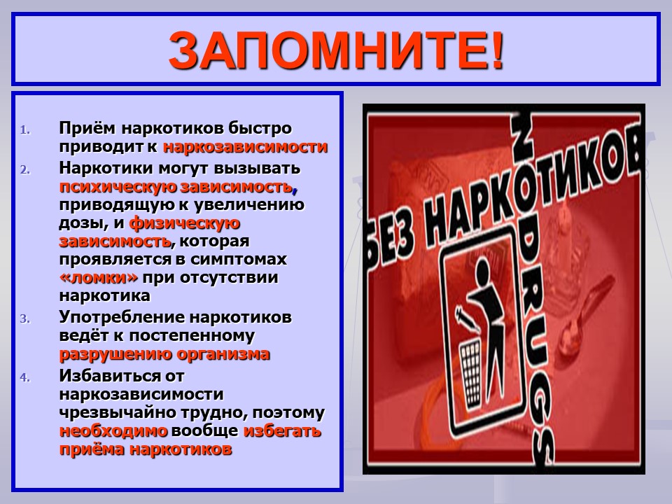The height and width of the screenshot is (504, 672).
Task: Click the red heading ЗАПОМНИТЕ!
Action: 336,50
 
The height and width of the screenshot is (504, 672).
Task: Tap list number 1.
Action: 25,130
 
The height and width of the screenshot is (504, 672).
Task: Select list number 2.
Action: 25,170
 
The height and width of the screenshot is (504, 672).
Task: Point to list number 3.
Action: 25,319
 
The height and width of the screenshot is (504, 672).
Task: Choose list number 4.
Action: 25,377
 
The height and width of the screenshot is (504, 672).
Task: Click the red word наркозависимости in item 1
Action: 246,147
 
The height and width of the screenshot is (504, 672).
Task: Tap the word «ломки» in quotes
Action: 99,278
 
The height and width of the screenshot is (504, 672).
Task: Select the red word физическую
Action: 185,223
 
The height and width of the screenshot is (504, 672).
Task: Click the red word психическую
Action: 118,187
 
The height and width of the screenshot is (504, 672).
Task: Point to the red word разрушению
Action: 115,354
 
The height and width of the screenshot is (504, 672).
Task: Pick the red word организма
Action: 223,354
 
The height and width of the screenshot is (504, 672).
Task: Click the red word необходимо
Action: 113,430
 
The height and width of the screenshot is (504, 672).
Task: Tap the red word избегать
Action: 282,430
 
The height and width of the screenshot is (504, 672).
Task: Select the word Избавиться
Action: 110,376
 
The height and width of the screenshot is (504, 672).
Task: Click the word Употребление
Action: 122,318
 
